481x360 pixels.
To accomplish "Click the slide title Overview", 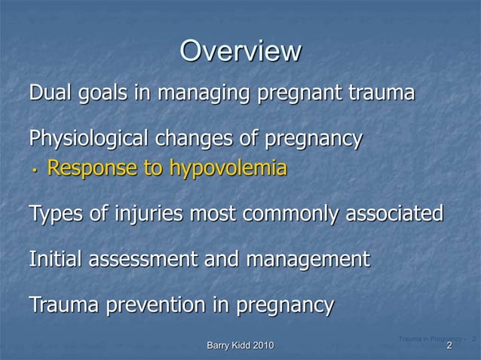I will click(x=240, y=51).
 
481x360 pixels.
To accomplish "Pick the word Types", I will click(x=56, y=215).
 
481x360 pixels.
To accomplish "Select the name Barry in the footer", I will click(x=220, y=345).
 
